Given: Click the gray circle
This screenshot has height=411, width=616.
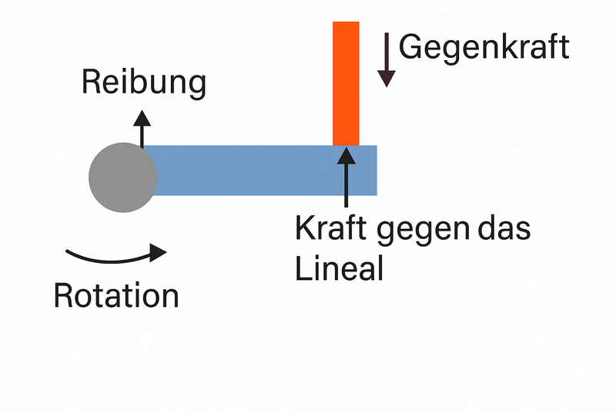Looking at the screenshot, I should [123, 177].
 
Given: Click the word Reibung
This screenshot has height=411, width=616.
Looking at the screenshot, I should [144, 83].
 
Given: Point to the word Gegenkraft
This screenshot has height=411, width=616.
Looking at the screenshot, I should [484, 48].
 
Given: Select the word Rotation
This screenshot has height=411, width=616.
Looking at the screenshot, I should [116, 296].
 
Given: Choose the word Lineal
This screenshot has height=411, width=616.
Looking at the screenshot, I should [340, 269].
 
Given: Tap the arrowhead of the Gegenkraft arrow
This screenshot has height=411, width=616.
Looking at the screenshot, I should [387, 77].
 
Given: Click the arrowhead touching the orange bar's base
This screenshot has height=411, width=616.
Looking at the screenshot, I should [346, 152].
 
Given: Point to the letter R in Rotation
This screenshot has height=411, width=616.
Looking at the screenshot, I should [64, 295].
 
